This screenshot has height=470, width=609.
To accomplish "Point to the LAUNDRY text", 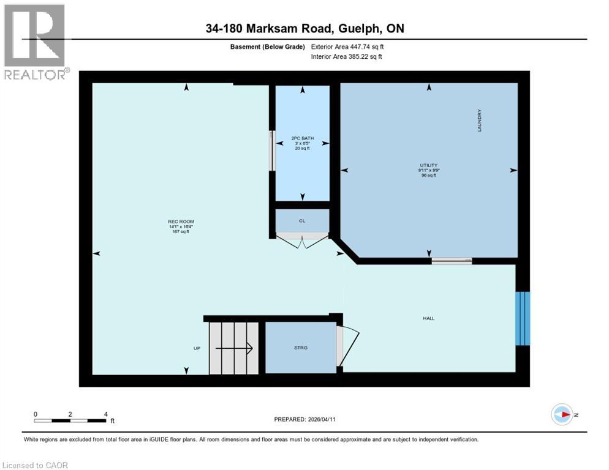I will pyautogui.click(x=480, y=121).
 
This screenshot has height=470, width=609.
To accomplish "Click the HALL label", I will pyautogui.click(x=428, y=318).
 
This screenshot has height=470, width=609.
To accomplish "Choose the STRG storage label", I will pyautogui.click(x=300, y=348).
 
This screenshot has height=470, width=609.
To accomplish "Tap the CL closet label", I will pyautogui.click(x=302, y=221).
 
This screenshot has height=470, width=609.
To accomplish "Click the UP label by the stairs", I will pyautogui.click(x=197, y=348).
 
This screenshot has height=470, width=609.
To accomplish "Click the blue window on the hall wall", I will pyautogui.click(x=523, y=318).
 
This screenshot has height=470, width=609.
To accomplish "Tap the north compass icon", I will pyautogui.click(x=562, y=415).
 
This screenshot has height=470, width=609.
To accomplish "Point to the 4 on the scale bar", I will pyautogui.click(x=106, y=414).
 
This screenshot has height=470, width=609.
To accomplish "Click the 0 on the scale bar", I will pyautogui.click(x=36, y=414).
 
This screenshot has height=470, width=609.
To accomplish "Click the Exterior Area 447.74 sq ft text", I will pyautogui.click(x=347, y=47).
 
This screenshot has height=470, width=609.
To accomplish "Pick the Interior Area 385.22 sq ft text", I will pyautogui.click(x=347, y=57).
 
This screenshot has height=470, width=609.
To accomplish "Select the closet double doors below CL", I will pyautogui.click(x=302, y=241).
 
